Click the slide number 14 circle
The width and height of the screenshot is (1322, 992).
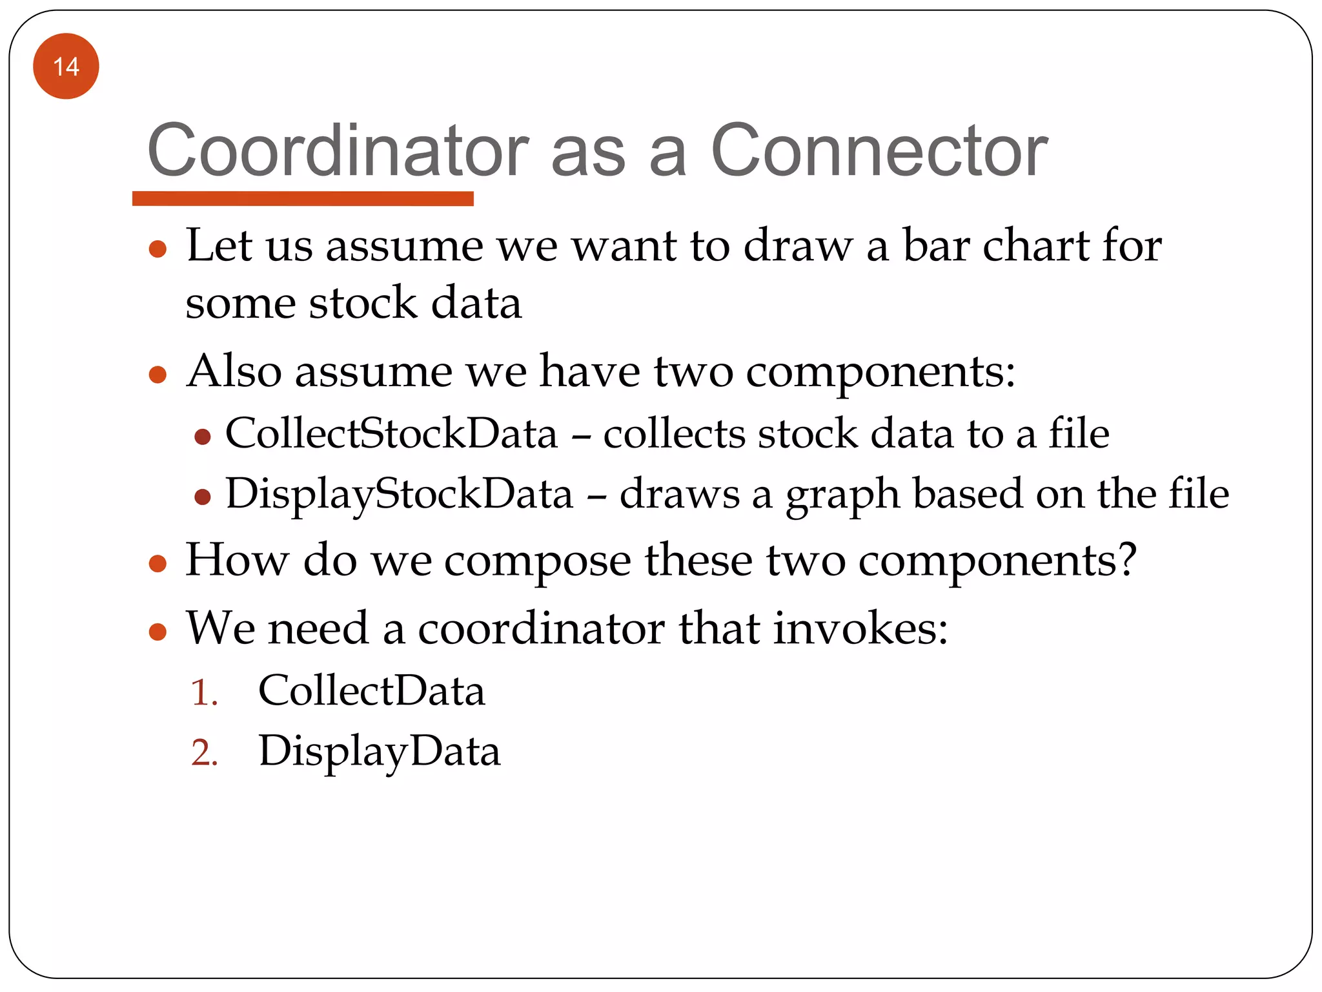66,67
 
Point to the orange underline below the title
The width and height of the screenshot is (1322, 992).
303,198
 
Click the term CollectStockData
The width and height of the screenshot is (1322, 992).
391,433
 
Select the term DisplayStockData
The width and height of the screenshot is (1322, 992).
399,494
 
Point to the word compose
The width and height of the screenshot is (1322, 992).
537,561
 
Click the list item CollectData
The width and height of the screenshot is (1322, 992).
371,691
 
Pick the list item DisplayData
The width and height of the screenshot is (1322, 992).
379,752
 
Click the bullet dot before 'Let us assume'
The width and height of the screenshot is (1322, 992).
158,249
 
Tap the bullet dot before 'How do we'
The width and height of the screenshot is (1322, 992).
158,564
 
